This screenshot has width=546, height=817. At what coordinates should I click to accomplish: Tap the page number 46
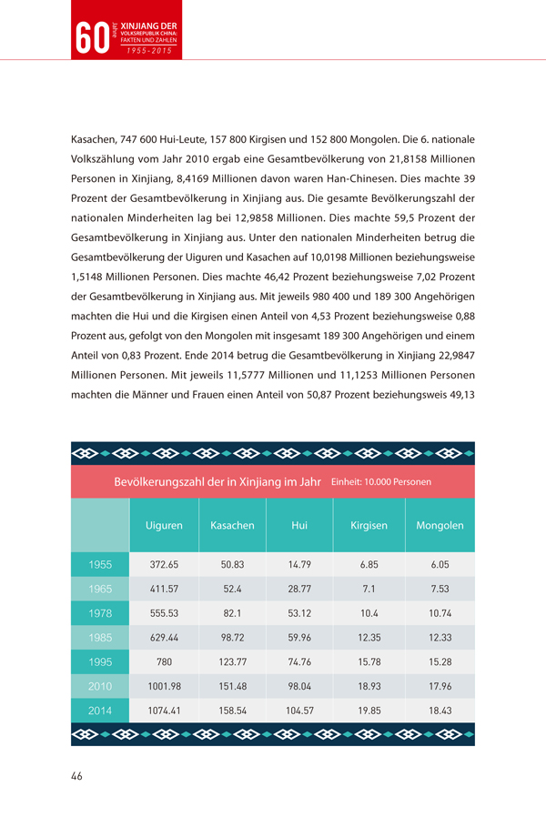click(x=77, y=776)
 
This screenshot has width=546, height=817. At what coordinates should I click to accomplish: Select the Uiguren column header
click(x=164, y=526)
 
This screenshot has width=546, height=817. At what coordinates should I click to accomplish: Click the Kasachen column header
click(x=232, y=526)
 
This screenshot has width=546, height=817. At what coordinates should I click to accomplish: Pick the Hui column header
click(x=299, y=526)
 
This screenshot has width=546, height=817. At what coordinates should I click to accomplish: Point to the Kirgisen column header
click(x=369, y=526)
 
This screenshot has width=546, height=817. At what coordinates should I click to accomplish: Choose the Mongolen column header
click(x=440, y=526)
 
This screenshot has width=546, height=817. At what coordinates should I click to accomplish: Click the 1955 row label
click(x=100, y=565)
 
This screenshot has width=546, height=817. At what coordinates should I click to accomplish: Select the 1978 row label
click(x=100, y=613)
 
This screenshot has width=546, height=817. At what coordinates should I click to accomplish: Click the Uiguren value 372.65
click(x=164, y=565)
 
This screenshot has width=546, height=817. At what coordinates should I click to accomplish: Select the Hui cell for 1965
click(x=299, y=590)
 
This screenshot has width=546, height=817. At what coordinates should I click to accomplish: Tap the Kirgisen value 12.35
click(x=369, y=638)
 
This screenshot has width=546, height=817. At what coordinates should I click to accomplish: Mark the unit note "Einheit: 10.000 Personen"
click(x=381, y=481)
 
